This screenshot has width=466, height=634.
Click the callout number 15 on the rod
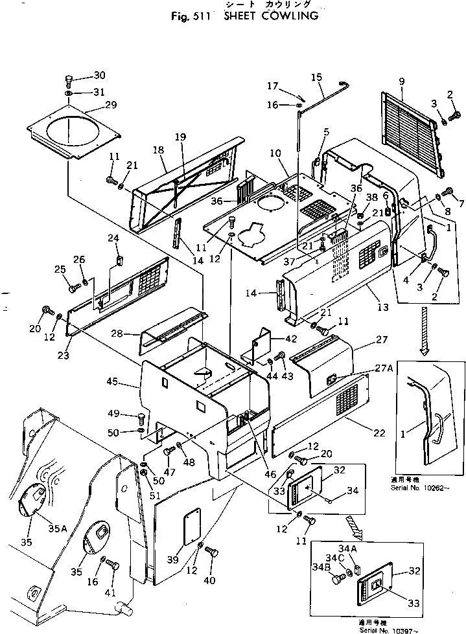[316, 77]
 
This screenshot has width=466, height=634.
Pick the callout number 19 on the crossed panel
[180, 137]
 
